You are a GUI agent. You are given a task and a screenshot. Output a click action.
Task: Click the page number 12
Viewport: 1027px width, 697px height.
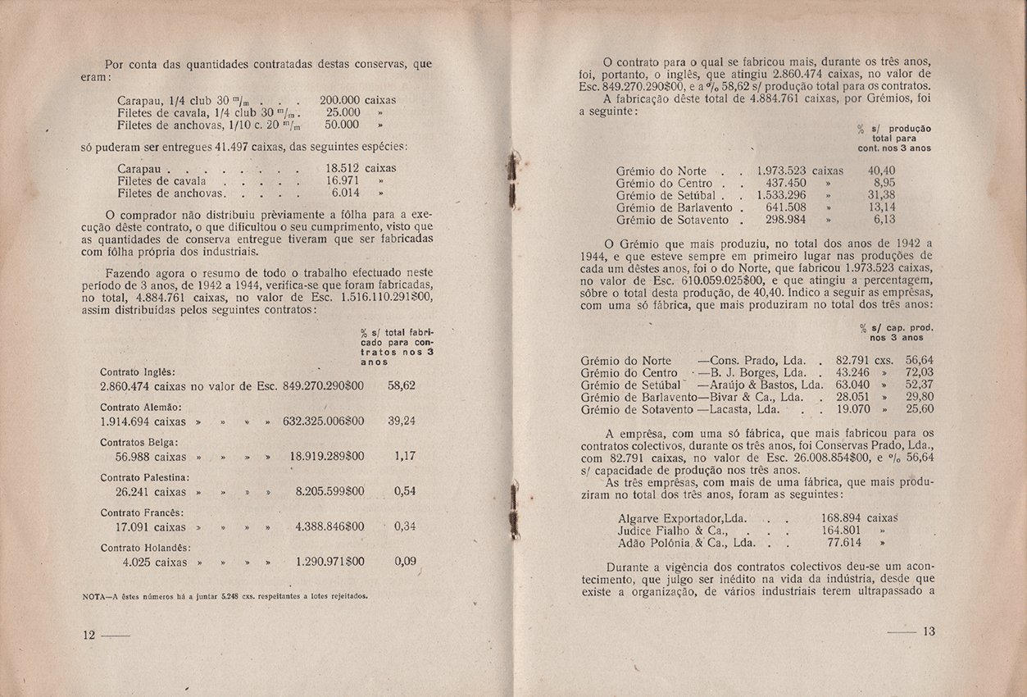pos(89,635)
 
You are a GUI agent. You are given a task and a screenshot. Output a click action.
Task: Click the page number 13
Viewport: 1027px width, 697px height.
pos(928,631)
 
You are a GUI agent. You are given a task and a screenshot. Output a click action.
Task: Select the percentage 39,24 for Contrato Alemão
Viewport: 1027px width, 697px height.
pos(402,421)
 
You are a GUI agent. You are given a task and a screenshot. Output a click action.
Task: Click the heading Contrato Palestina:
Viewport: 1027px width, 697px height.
pos(144,477)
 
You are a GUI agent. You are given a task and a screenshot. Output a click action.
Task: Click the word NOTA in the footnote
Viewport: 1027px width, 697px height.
pos(97,596)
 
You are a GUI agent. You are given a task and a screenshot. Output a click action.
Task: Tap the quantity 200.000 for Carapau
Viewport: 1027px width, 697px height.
pos(340,99)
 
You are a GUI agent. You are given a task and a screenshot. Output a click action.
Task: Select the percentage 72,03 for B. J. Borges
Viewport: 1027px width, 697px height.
pos(920,372)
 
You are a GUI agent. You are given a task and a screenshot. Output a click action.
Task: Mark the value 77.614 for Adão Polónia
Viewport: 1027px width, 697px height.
pos(848,542)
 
